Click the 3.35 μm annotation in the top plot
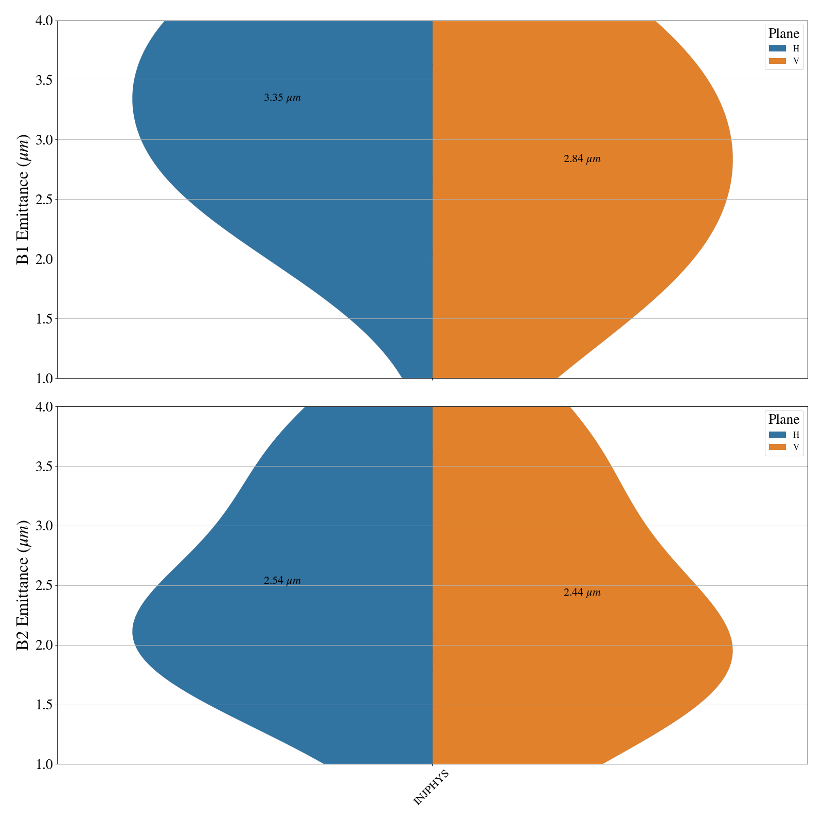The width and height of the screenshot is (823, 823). click(x=282, y=98)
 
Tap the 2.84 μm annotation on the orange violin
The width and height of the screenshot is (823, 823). click(x=582, y=159)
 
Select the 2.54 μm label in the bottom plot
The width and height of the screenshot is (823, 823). click(x=282, y=581)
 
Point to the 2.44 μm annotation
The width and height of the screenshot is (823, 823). click(x=582, y=593)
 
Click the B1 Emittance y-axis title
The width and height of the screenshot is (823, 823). click(x=23, y=200)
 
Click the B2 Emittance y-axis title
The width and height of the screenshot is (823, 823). click(x=23, y=585)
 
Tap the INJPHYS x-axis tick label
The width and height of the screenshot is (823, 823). click(x=432, y=788)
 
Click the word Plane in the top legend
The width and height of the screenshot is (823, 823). click(x=784, y=34)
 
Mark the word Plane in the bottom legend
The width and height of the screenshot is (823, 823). click(x=784, y=419)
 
